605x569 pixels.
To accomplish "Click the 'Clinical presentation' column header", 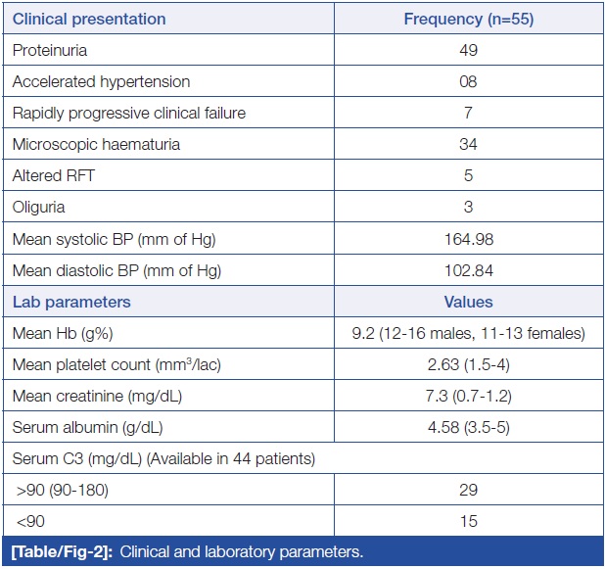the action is (x=89, y=19).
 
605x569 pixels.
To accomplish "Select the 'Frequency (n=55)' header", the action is (x=469, y=19).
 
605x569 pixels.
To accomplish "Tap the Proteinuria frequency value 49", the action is (x=468, y=50).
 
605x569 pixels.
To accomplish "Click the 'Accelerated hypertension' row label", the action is (x=101, y=82).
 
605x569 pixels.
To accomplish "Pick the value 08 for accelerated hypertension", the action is (x=468, y=82).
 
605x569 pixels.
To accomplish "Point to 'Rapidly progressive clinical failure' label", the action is (x=129, y=113).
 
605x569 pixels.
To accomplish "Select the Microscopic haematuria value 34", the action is (x=468, y=144).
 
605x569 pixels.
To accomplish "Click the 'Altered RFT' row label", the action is (x=53, y=175).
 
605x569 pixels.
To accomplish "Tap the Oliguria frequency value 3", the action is (x=468, y=207).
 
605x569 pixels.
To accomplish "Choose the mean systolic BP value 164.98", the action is (x=469, y=239).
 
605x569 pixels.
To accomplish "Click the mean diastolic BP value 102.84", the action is (x=469, y=270).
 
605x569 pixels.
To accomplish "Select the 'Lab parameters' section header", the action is (x=71, y=302).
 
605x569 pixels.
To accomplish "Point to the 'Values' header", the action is (x=468, y=302).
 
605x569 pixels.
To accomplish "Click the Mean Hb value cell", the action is (x=468, y=333).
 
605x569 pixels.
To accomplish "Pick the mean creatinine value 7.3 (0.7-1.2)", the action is (x=468, y=396).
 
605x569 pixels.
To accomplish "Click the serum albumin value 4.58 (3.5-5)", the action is (x=468, y=427).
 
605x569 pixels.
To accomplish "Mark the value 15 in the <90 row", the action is (x=468, y=521).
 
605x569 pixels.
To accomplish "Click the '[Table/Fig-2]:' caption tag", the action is (x=62, y=552).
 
